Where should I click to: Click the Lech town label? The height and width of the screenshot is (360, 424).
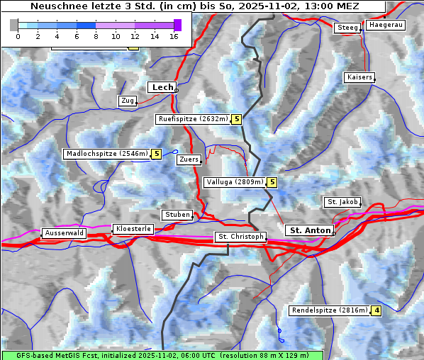(162, 87)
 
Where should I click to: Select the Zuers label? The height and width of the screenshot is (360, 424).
(189, 159)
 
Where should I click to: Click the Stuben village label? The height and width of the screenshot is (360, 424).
(177, 215)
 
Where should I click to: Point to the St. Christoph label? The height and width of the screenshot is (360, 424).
(240, 237)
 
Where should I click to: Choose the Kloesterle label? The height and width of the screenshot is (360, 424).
(133, 229)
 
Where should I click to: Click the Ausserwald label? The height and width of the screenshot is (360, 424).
(64, 233)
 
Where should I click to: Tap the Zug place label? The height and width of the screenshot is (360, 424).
(128, 101)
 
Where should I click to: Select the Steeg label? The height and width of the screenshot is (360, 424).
(347, 28)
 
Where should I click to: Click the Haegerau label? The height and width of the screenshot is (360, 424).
(386, 25)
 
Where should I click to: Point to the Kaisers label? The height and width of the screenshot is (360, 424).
(359, 77)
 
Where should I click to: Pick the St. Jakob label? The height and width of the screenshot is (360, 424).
(342, 202)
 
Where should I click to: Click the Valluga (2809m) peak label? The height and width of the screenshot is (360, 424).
(235, 182)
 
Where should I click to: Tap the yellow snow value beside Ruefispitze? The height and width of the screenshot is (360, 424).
(236, 119)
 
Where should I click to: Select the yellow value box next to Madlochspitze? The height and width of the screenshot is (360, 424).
(156, 154)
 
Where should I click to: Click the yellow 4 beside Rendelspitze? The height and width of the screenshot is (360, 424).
(376, 310)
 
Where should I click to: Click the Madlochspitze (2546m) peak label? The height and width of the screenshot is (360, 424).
(106, 154)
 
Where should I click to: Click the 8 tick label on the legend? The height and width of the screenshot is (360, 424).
(96, 35)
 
